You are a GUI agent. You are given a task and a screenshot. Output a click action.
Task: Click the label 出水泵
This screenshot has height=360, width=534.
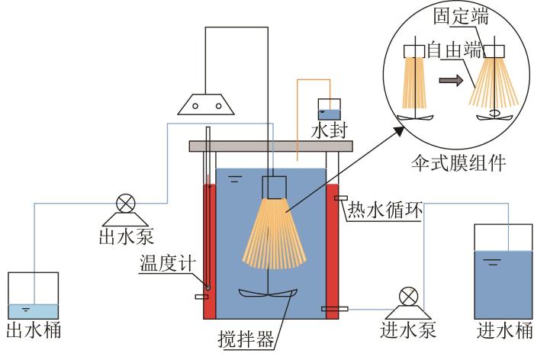coord(126,236)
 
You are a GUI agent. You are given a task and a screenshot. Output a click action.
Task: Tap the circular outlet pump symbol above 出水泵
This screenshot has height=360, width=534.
coord(126,204)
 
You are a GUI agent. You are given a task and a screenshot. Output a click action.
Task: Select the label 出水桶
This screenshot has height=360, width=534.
coord(34,329)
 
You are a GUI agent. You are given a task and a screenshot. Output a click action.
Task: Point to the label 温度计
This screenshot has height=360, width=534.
coord(168,263)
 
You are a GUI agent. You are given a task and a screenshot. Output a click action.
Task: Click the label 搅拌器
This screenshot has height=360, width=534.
coord(246,339)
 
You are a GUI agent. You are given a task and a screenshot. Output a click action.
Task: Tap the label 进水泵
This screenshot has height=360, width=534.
coord(408,329)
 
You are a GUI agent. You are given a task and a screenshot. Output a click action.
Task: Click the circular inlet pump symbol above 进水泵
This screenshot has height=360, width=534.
coord(408,296)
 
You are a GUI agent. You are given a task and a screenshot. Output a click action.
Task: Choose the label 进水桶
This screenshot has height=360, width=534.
coord(504,330)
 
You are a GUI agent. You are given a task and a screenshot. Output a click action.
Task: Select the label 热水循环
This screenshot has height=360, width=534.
coord(384,209)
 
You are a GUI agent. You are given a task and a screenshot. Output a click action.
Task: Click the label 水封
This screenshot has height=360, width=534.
coord(330,130)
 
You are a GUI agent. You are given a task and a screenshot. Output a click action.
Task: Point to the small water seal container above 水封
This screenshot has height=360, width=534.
coord(330,109)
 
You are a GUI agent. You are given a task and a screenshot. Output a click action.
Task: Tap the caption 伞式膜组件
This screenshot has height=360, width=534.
coord(458,163)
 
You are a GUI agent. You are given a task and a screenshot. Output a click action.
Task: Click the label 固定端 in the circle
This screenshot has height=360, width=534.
coord(461,16)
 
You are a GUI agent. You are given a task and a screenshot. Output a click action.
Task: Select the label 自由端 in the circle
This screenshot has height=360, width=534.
coord(455,50)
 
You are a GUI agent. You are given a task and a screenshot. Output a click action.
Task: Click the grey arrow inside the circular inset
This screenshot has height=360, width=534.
coord(451,80)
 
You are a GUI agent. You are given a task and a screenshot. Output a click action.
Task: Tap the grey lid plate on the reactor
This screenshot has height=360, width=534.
coord(271,146)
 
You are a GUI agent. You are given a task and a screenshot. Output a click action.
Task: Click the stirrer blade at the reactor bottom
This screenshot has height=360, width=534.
coord(268,293)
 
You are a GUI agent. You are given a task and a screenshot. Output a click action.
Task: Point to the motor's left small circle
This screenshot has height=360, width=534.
coord(195,106)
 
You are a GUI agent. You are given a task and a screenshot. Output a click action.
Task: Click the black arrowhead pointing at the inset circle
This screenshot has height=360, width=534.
coord(398,131)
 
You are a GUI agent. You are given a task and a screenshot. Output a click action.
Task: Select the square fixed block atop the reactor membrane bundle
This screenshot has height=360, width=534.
coord(274,188)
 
